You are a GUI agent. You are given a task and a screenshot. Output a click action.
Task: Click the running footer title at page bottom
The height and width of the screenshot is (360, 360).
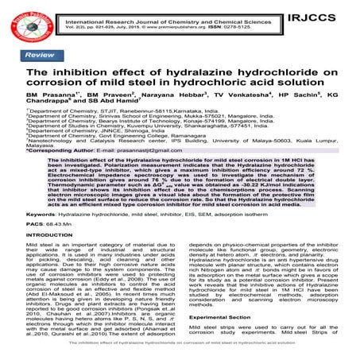click(x=180, y=354)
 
